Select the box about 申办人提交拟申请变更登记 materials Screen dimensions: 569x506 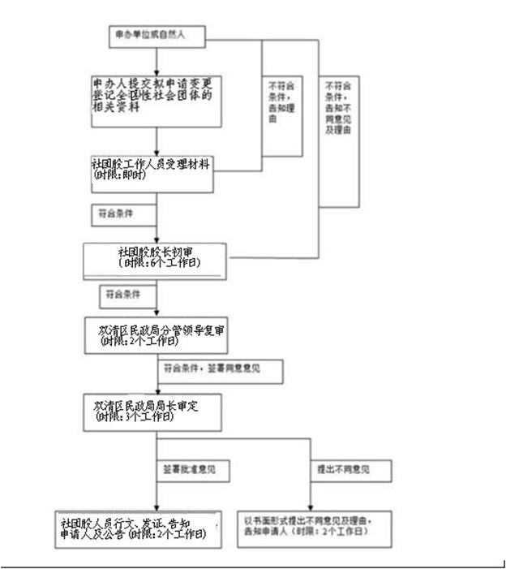[x=157, y=101]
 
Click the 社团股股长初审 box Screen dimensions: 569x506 [x=156, y=259]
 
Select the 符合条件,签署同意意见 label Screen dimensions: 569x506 [x=220, y=370]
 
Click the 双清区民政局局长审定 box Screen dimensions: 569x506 [x=152, y=412]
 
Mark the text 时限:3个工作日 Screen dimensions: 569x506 [x=134, y=417]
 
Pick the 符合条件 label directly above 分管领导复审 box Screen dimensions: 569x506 [x=119, y=293]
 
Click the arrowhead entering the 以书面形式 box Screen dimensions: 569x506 [x=311, y=506]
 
